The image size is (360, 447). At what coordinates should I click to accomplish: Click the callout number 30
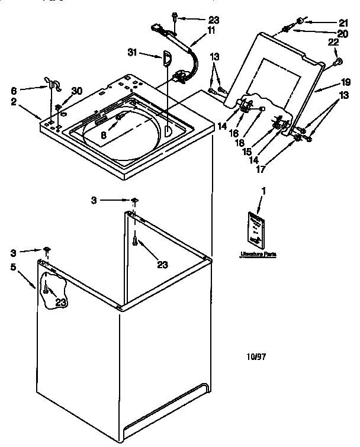[x=76, y=91]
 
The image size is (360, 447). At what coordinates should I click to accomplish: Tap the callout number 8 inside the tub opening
[x=104, y=135]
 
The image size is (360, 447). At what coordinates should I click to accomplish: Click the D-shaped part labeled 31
[x=166, y=57]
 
